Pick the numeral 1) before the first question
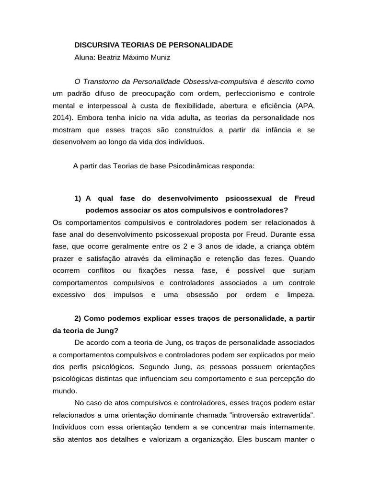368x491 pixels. [x=79, y=199]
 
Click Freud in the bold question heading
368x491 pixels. [x=304, y=199]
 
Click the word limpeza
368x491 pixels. [x=301, y=294]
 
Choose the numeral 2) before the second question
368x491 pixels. [x=79, y=318]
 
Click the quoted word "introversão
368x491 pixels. [x=251, y=414]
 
